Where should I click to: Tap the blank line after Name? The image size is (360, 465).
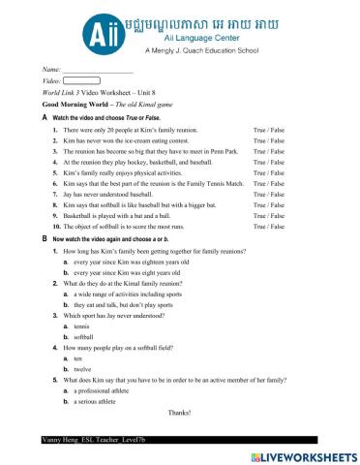tap(97, 70)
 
